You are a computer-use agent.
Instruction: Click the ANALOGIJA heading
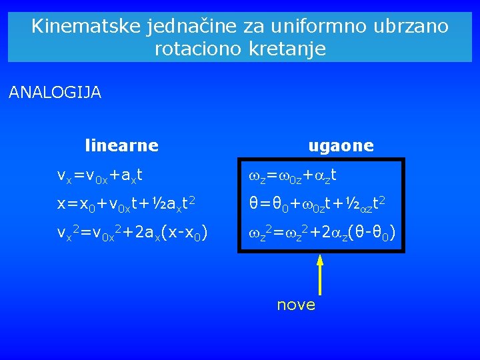pyautogui.click(x=55, y=93)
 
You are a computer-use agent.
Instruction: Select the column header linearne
pyautogui.click(x=121, y=145)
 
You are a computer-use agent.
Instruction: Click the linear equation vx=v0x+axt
pyautogui.click(x=100, y=176)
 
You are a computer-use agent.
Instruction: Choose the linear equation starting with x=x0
pyautogui.click(x=126, y=204)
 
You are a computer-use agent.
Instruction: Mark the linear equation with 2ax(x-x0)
pyautogui.click(x=133, y=233)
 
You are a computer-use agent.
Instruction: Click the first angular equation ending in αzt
pyautogui.click(x=293, y=176)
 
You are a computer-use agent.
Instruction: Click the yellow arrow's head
pyautogui.click(x=320, y=261)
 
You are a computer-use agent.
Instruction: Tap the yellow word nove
pyautogui.click(x=296, y=305)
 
